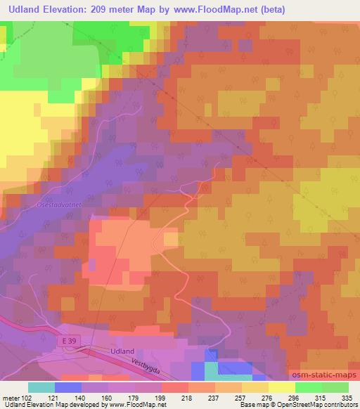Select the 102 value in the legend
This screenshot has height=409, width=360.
(27, 397)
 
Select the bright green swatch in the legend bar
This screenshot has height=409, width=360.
(308, 387)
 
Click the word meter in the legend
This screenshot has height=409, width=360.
(11, 397)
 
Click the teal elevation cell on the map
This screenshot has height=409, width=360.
(211, 370)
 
